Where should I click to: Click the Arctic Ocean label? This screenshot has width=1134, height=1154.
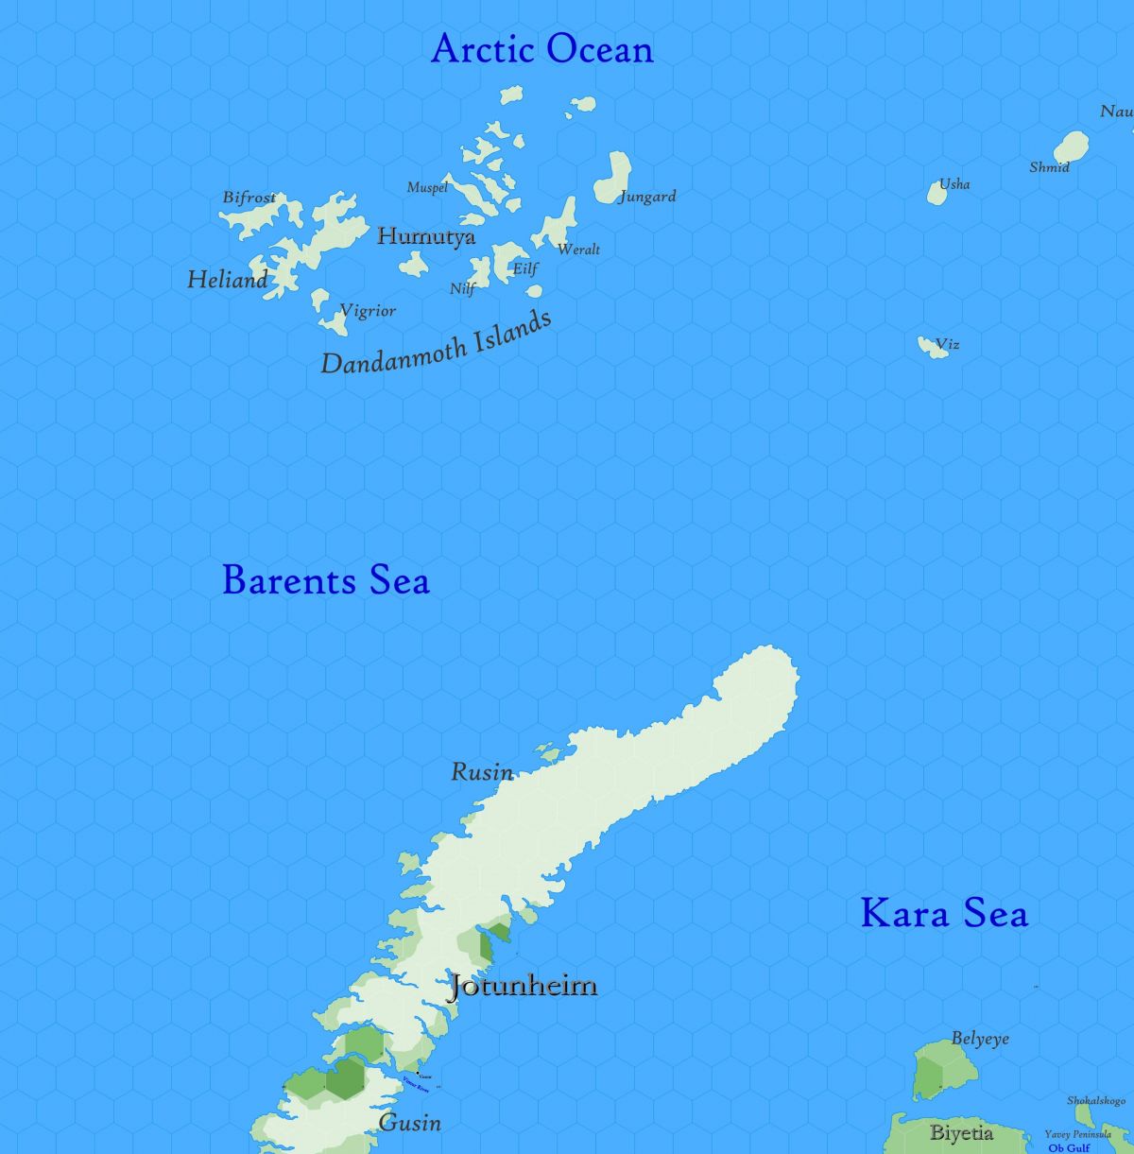pos(541,49)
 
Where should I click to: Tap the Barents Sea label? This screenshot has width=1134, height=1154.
pos(326,579)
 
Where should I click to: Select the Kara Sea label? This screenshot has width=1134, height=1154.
pos(944,913)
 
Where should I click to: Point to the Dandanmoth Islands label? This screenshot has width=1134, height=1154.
pos(437,343)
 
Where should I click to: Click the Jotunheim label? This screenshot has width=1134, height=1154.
pos(523,986)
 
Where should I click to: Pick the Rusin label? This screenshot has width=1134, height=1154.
pos(482,772)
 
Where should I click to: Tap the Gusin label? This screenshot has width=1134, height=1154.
pos(410,1123)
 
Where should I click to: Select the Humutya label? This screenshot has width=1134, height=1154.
pos(426,236)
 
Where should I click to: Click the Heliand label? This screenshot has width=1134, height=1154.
pos(227,279)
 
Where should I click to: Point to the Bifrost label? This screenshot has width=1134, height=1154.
pos(249,198)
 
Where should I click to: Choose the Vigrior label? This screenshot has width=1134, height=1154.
pos(368,310)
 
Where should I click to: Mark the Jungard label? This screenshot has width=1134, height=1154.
pos(647,197)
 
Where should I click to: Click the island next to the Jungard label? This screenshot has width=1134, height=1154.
pos(612,178)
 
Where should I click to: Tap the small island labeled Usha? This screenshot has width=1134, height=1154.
pos(936,194)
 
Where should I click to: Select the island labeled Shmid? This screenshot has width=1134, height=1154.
pos(1072,146)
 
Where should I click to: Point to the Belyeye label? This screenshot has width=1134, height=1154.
pos(980,1039)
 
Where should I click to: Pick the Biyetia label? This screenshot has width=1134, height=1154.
pos(961,1132)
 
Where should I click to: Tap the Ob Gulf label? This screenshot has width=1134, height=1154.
pos(1069,1147)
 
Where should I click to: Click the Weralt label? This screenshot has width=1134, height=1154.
pos(578,250)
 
